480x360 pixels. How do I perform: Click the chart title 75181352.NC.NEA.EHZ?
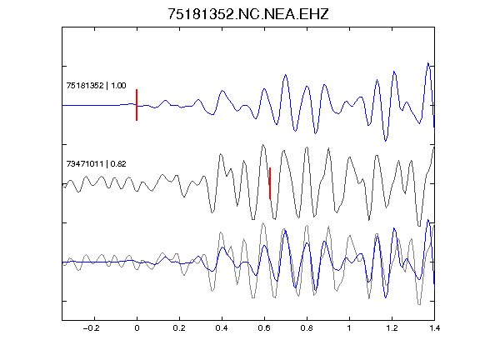(248, 14)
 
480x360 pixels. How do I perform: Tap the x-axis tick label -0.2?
(91, 328)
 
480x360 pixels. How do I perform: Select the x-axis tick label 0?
(137, 328)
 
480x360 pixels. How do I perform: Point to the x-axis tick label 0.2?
(179, 328)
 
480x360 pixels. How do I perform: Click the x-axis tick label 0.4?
(222, 328)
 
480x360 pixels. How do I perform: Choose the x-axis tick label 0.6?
(264, 328)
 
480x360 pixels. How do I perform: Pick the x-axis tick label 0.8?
(307, 328)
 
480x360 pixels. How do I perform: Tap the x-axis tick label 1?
(349, 328)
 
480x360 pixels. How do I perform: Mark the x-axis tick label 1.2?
(392, 328)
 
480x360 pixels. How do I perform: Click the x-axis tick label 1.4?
(434, 328)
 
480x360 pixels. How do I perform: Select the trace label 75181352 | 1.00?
(96, 85)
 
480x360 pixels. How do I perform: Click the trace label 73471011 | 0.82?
(96, 164)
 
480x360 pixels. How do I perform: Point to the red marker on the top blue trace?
(137, 105)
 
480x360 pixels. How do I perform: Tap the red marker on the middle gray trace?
(270, 183)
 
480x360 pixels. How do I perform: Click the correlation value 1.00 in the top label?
(118, 85)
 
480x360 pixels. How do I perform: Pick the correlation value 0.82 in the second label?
(118, 164)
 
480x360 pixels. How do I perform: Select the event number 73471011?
(85, 164)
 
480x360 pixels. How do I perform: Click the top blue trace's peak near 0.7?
(285, 75)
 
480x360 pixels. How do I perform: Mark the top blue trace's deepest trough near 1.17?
(385, 141)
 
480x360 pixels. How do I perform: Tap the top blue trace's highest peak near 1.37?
(428, 63)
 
